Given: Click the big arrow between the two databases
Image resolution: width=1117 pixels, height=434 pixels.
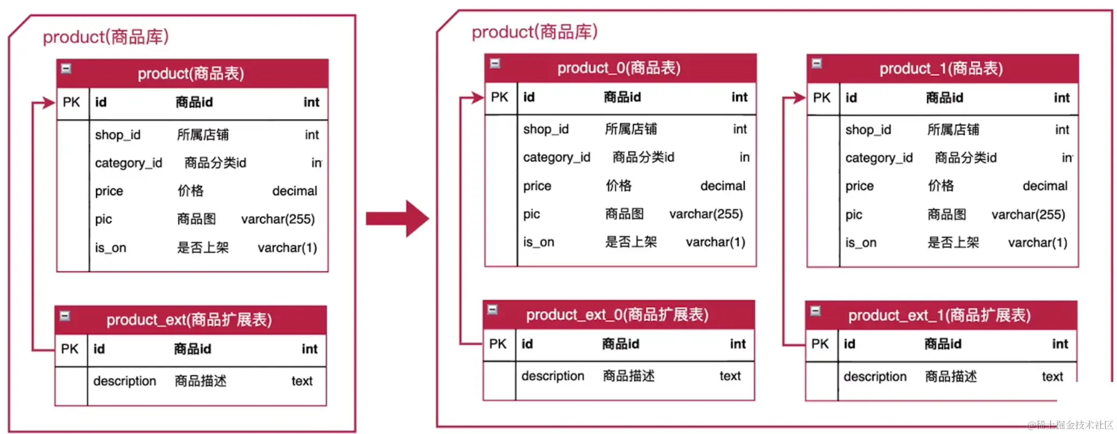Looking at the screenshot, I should [398, 218].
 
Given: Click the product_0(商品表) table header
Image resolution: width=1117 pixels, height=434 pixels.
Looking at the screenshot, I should [619, 68].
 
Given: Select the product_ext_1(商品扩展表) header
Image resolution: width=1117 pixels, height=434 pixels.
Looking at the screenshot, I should [939, 315].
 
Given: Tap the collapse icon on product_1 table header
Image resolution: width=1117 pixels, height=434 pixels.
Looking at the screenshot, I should [817, 64].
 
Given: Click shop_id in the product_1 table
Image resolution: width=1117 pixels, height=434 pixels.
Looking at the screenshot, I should [868, 130].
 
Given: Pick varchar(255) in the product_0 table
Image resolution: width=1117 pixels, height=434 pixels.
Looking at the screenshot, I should [706, 214].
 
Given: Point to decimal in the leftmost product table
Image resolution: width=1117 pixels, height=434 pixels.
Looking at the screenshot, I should [295, 191].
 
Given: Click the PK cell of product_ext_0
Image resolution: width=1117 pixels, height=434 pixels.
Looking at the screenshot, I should [498, 344].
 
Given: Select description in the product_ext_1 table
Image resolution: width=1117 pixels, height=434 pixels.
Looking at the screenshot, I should [875, 376].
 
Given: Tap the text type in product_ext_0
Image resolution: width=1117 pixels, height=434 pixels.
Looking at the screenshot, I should [730, 376].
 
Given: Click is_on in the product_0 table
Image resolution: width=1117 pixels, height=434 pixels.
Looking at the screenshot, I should [539, 242].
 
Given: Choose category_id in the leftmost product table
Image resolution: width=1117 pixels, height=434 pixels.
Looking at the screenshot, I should [128, 163].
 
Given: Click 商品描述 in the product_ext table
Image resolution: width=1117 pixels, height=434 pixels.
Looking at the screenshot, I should [200, 381].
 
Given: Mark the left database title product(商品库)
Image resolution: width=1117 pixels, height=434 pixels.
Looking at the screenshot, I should [106, 37].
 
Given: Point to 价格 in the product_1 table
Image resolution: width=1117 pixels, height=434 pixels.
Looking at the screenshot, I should [941, 186].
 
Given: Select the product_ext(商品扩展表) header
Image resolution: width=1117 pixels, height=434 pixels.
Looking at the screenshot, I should [189, 320].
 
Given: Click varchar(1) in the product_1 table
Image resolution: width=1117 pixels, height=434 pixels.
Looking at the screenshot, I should [1037, 243].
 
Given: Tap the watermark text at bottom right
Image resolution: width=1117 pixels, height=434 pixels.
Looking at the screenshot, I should [1070, 425].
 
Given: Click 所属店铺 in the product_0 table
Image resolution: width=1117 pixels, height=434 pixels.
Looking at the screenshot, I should [630, 129].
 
